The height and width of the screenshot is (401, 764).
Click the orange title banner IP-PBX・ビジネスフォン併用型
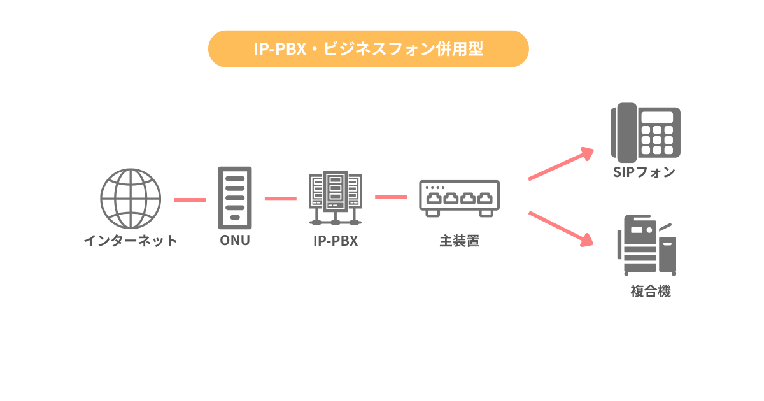tap(369, 49)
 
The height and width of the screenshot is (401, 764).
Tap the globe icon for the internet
tap(131, 199)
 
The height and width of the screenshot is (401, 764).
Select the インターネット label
tap(131, 241)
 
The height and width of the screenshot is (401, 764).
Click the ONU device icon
tap(235, 198)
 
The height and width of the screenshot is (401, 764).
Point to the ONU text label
tap(235, 241)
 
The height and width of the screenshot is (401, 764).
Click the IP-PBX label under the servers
tap(336, 241)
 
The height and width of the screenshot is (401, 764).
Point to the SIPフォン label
tap(644, 172)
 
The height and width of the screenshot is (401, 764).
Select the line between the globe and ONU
tap(190, 199)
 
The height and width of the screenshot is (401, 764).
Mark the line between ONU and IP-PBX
tap(281, 199)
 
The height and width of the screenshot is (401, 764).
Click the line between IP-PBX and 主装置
tap(391, 197)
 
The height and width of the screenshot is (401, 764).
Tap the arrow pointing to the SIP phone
tap(560, 165)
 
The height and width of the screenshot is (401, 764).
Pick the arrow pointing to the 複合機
tap(560, 228)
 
